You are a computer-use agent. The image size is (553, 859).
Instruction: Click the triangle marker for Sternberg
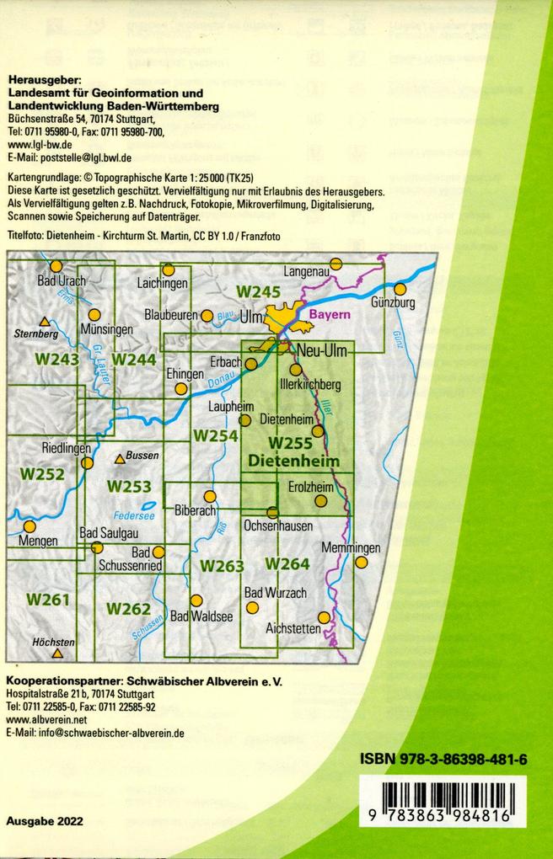[x=45, y=321]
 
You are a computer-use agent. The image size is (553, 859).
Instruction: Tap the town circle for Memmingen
[x=362, y=563]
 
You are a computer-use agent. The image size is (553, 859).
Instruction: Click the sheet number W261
[x=46, y=600]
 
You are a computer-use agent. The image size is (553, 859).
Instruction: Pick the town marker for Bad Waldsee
[x=196, y=600]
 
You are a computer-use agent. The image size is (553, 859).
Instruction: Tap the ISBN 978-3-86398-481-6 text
[x=443, y=760]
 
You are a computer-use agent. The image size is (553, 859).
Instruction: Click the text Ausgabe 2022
[x=44, y=821]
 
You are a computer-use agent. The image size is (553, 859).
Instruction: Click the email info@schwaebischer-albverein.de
[x=94, y=734]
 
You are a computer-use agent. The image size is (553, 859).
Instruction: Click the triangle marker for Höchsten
[x=57, y=654]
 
